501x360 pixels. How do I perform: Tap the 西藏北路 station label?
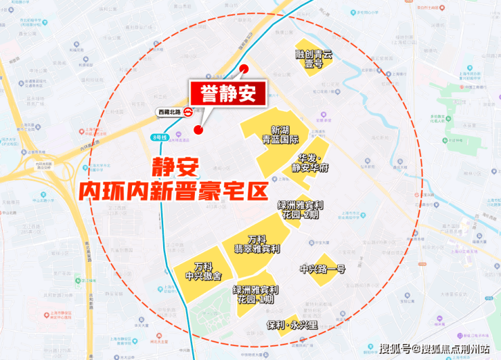(169, 112)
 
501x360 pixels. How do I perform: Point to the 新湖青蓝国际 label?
(285, 135)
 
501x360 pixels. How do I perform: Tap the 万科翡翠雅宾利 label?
(257, 244)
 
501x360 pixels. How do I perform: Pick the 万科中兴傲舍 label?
(203, 271)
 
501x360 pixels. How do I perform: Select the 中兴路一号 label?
(322, 269)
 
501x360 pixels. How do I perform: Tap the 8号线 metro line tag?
(159, 137)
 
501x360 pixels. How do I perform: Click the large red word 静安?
(172, 166)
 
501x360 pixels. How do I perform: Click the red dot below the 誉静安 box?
(198, 129)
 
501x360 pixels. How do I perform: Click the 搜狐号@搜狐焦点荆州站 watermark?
(434, 349)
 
